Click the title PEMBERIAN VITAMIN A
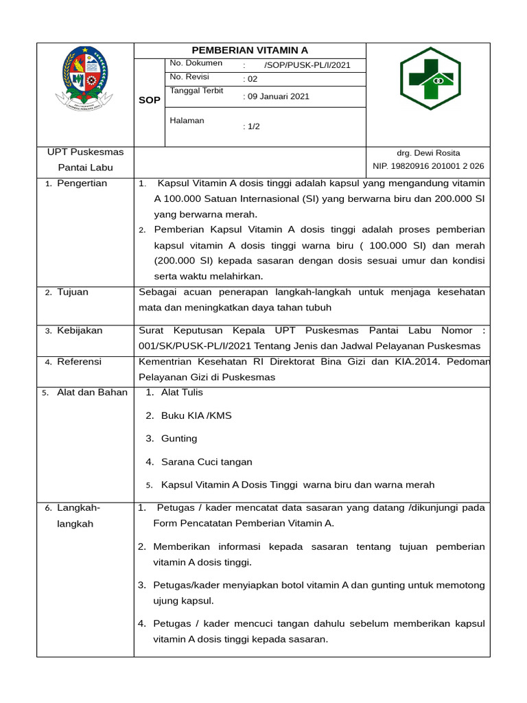click(250, 50)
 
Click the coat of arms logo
click(85, 80)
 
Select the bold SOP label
click(150, 100)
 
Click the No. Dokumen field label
click(196, 64)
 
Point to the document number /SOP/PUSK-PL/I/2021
click(307, 65)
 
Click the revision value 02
click(251, 79)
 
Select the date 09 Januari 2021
click(278, 97)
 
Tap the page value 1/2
click(252, 126)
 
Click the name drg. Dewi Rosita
click(428, 153)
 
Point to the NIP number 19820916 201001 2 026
click(428, 166)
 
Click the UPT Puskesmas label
click(85, 152)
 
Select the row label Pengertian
click(82, 184)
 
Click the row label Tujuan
click(72, 292)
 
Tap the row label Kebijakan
click(79, 331)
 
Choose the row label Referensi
click(79, 362)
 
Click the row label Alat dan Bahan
click(92, 393)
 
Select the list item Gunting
click(179, 439)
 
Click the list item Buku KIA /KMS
click(196, 416)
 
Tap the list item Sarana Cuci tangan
click(207, 462)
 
